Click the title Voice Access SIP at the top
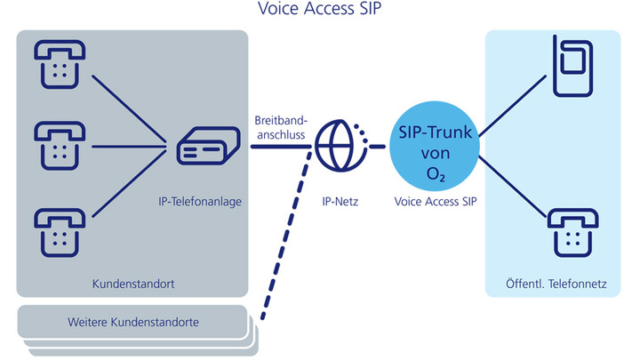click(319, 10)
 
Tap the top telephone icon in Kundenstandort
click(59, 60)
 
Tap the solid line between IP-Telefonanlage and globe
click(276, 146)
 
